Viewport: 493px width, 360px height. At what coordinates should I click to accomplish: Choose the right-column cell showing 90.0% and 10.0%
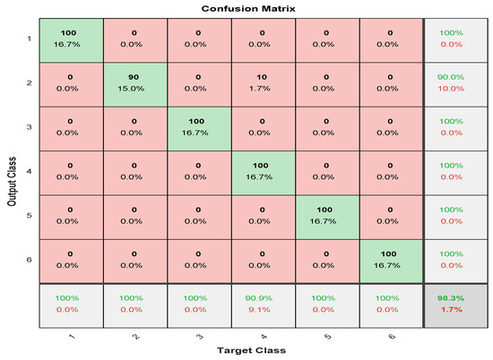(x=454, y=89)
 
